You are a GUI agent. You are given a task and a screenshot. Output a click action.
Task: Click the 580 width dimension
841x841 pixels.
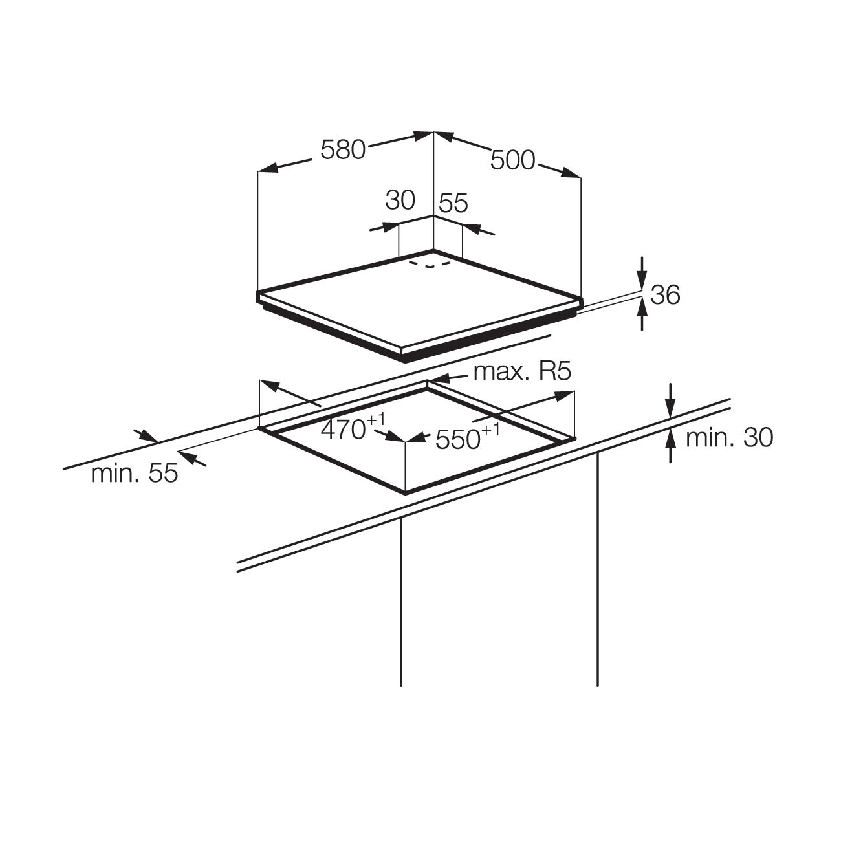pyautogui.click(x=343, y=149)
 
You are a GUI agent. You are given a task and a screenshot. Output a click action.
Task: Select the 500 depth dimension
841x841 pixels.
pyautogui.click(x=512, y=160)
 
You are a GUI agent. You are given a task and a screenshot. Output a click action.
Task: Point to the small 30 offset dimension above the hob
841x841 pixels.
pyautogui.click(x=400, y=201)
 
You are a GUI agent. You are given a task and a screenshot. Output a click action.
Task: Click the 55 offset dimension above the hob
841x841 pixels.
pyautogui.click(x=453, y=202)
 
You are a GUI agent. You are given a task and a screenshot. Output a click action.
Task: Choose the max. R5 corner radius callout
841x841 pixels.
pyautogui.click(x=522, y=372)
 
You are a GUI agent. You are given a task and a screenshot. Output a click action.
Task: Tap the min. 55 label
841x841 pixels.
pyautogui.click(x=135, y=473)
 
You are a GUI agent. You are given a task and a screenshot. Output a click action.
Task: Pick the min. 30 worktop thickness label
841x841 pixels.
pyautogui.click(x=729, y=437)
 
